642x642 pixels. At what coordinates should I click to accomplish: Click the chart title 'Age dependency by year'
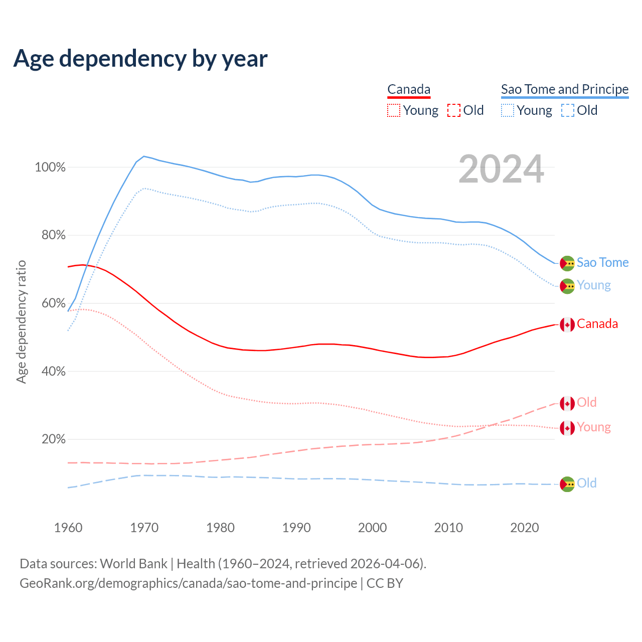(140, 59)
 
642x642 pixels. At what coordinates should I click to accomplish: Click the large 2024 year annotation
(501, 170)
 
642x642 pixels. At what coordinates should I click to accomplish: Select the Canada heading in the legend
(409, 90)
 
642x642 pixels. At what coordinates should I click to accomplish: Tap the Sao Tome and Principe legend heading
(565, 90)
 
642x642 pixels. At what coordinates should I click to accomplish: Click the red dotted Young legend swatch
(394, 110)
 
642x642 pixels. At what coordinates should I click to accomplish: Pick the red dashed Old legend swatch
(454, 110)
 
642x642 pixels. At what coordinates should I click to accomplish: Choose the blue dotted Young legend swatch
(508, 110)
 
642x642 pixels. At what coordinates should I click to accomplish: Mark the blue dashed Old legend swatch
(568, 110)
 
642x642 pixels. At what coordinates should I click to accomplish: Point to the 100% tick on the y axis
(50, 168)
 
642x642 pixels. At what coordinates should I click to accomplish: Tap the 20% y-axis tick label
(53, 439)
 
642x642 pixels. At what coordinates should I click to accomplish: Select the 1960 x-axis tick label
(68, 528)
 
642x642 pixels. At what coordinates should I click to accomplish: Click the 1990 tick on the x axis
(296, 528)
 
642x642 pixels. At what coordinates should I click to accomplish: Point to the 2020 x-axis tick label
(525, 528)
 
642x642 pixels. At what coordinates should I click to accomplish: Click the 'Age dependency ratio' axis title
(21, 322)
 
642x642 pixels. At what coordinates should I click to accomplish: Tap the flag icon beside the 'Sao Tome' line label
(567, 263)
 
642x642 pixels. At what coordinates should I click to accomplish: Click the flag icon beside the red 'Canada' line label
(567, 325)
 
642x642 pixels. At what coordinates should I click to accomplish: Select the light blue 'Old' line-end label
(586, 483)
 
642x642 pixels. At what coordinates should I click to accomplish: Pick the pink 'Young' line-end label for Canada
(594, 427)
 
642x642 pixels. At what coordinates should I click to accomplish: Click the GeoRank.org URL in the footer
(188, 583)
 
